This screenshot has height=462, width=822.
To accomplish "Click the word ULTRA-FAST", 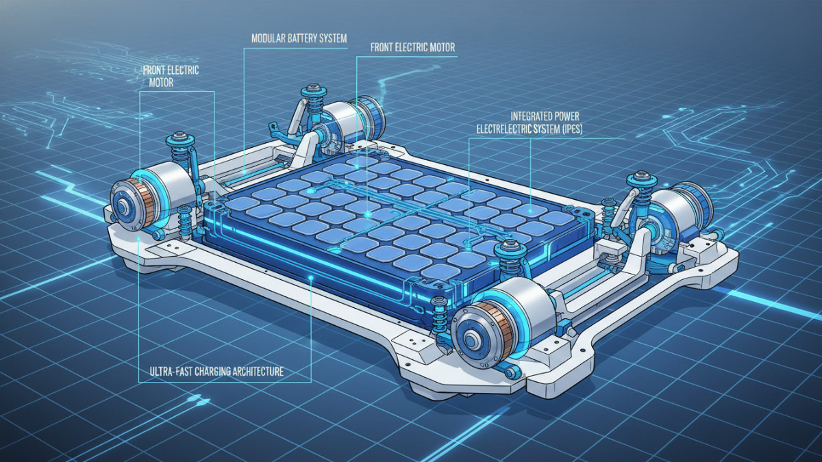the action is pyautogui.click(x=171, y=372).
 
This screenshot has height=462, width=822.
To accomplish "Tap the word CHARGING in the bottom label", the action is pyautogui.click(x=213, y=372).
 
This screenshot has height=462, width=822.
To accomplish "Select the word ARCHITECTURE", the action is pyautogui.click(x=258, y=372).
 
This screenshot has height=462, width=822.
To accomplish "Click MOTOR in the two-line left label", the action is pyautogui.click(x=161, y=83).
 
